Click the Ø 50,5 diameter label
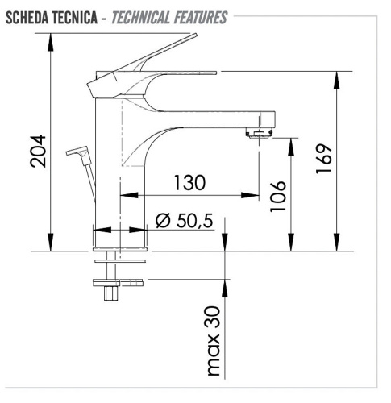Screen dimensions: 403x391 click(185, 219)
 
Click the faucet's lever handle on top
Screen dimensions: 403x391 click(153, 56)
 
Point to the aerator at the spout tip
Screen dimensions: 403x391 click(258, 131)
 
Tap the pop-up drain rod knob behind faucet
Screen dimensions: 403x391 click(78, 151)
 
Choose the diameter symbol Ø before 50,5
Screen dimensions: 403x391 click(160, 219)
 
